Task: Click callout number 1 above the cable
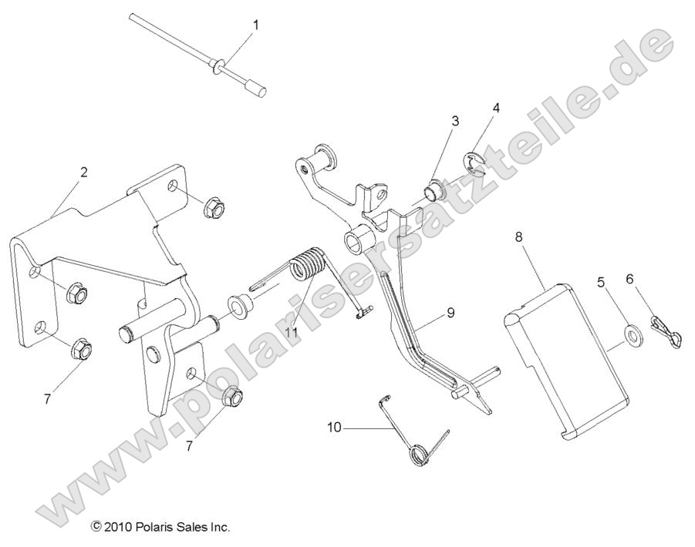(x=256, y=25)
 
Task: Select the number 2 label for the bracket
(x=83, y=173)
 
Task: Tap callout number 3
(x=455, y=121)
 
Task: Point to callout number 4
(x=496, y=109)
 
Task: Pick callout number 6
(x=629, y=281)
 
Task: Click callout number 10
(x=332, y=425)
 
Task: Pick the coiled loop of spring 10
(x=417, y=453)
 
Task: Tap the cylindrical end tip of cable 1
(x=258, y=90)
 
